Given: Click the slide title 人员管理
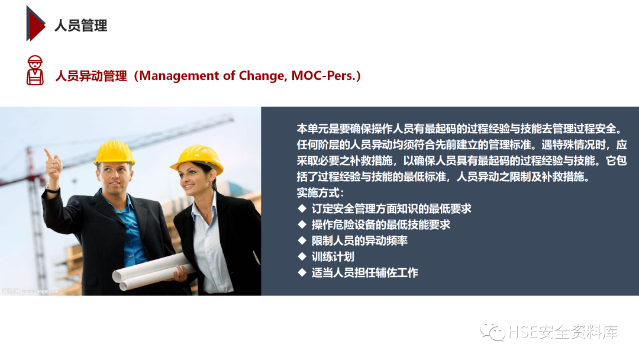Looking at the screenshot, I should pyautogui.click(x=81, y=25).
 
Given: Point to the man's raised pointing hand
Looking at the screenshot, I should pyautogui.click(x=52, y=162).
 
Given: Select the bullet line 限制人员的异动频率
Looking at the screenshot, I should pyautogui.click(x=359, y=240).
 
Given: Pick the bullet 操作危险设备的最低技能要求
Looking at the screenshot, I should pyautogui.click(x=380, y=224).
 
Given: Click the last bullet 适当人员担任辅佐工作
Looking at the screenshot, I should pyautogui.click(x=364, y=272).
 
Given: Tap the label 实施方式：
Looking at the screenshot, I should pyautogui.click(x=320, y=192).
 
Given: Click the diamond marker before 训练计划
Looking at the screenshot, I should pyautogui.click(x=301, y=256).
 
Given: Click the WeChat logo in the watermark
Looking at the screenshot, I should pyautogui.click(x=492, y=332).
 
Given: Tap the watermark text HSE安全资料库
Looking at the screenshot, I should pyautogui.click(x=563, y=332).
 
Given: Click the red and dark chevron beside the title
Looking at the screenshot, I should pyautogui.click(x=35, y=24).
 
